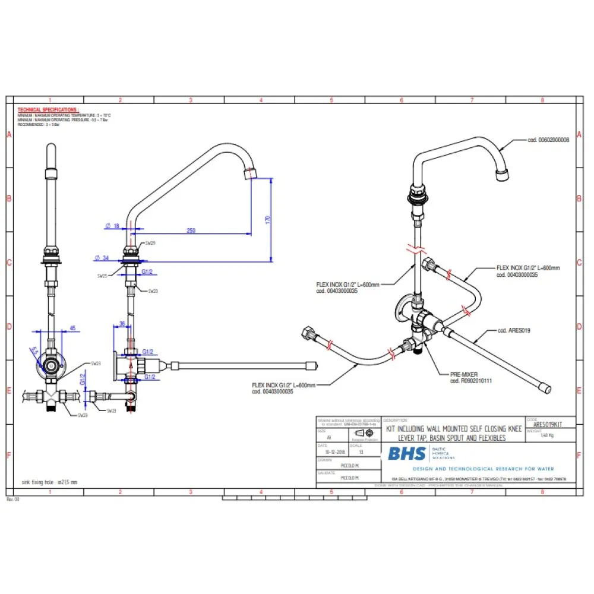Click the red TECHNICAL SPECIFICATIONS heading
(48, 110)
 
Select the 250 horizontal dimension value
(191, 230)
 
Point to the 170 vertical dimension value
(268, 219)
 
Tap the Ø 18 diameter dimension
(112, 225)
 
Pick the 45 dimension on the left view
(72, 327)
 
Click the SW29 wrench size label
(152, 243)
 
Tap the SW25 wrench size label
(103, 276)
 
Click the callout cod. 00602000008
(548, 140)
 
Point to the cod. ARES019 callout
(514, 330)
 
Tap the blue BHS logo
(407, 454)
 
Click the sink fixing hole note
(49, 482)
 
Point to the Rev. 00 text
(13, 500)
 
